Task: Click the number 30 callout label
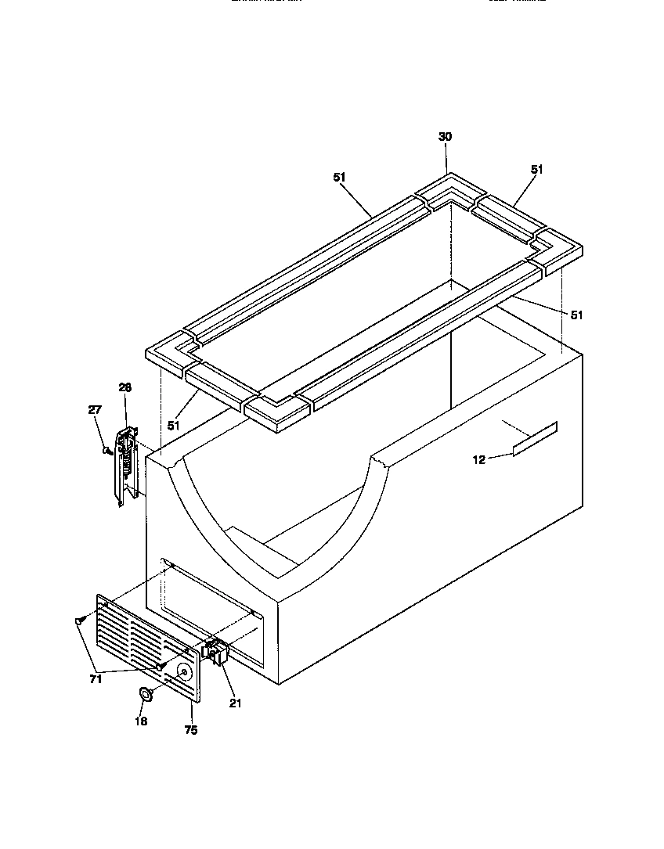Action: [x=445, y=137]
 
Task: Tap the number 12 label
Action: [x=478, y=459]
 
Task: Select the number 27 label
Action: [x=95, y=409]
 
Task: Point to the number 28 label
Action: [x=125, y=387]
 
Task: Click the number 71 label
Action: [x=95, y=679]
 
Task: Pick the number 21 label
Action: [x=235, y=703]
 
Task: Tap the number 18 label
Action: [x=141, y=721]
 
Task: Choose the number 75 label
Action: [x=190, y=730]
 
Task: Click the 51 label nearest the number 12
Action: [x=576, y=315]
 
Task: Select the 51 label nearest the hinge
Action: [x=173, y=426]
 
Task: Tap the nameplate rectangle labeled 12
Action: [x=535, y=437]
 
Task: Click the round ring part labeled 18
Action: [x=145, y=693]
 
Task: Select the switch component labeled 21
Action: [x=214, y=652]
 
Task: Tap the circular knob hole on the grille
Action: [x=183, y=671]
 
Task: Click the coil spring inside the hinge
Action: [x=123, y=462]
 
